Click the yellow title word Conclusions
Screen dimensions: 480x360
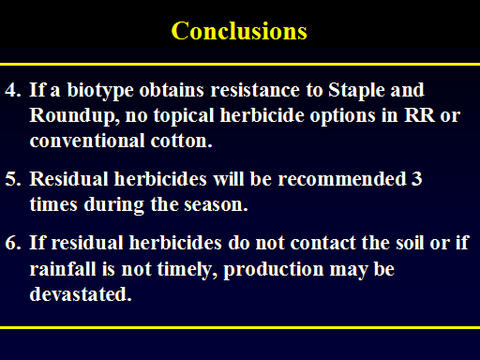pos(239,31)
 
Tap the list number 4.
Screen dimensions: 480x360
pos(13,90)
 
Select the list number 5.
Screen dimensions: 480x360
pos(13,179)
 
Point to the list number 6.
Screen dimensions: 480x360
pos(13,243)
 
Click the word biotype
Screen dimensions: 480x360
pos(100,91)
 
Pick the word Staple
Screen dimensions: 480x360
pos(356,91)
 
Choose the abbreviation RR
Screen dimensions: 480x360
pos(419,115)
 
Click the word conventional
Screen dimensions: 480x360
pos(87,141)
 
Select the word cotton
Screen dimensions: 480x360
pos(181,141)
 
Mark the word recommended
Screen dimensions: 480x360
pos(342,179)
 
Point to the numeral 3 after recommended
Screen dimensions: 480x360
pos(417,179)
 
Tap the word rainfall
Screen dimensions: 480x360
pos(63,269)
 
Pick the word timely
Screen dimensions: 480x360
pos(187,270)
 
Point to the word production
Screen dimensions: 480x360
pos(274,270)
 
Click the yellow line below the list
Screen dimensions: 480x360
pos(240,327)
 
